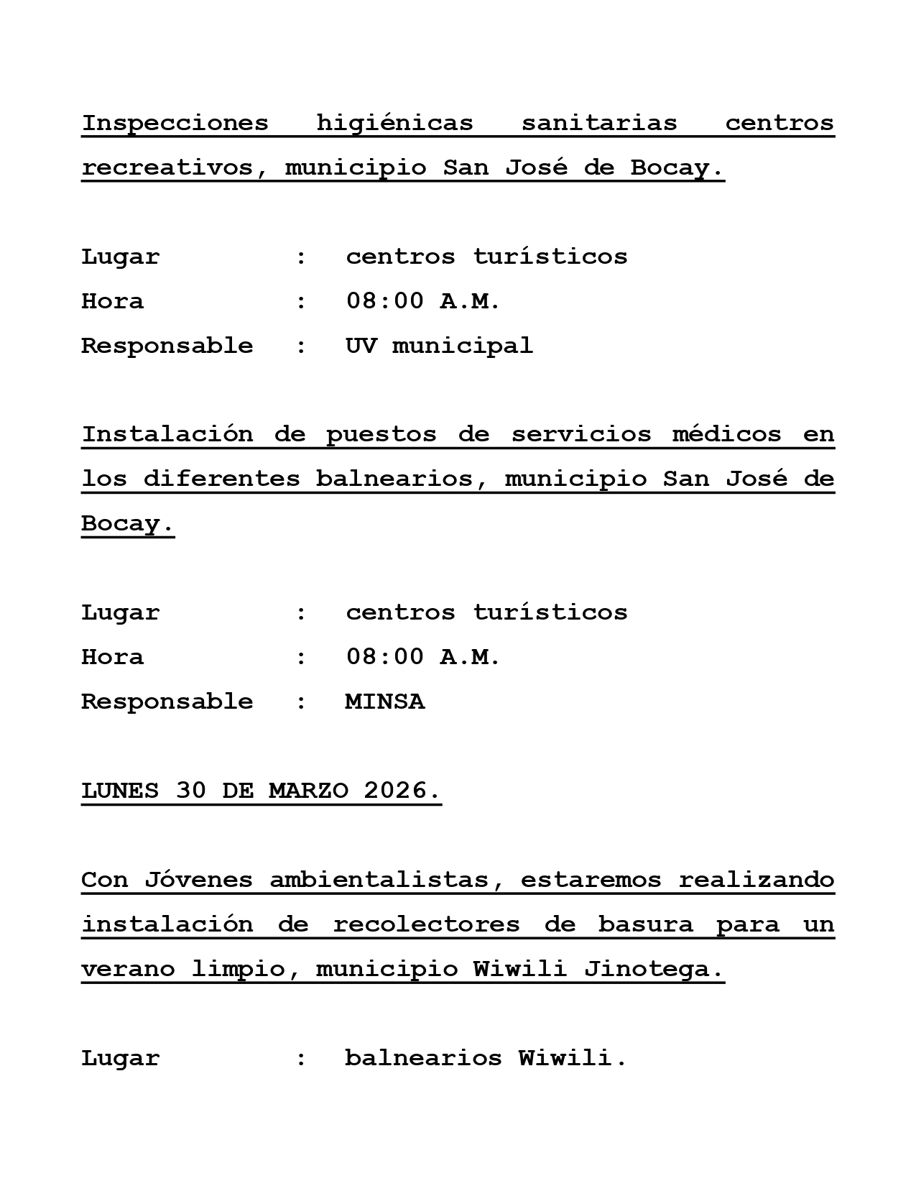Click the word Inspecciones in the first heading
coord(175,123)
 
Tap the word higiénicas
coord(394,123)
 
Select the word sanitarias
coord(599,123)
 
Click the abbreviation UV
coord(361,346)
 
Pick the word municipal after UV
coord(463,346)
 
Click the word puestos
coord(381,434)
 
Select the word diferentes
coord(221,479)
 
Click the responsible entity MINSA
coord(385,702)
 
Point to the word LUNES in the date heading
coord(120,791)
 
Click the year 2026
coord(401,791)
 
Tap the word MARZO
coord(308,791)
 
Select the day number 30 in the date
coord(190,791)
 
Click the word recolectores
coord(426,924)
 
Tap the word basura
coord(645,924)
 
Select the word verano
coord(128,969)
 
